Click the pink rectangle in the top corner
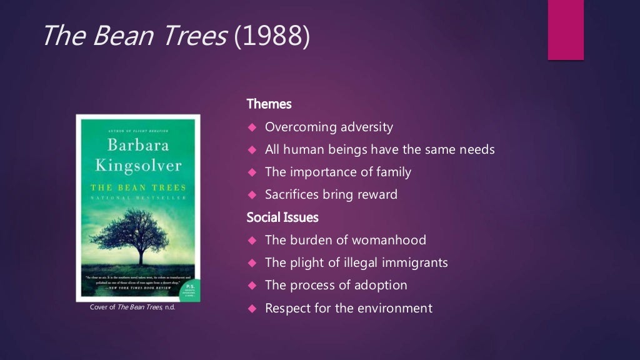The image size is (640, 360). coord(566,29)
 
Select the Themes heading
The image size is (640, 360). coord(269,104)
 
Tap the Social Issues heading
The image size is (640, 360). coord(282,217)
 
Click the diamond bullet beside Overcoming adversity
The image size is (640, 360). coord(252,127)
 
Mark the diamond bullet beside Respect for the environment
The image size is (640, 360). coord(252,308)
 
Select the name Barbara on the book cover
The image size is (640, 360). coord(137,146)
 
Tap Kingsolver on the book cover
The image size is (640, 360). coord(138,166)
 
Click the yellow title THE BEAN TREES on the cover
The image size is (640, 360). coord(138,187)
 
